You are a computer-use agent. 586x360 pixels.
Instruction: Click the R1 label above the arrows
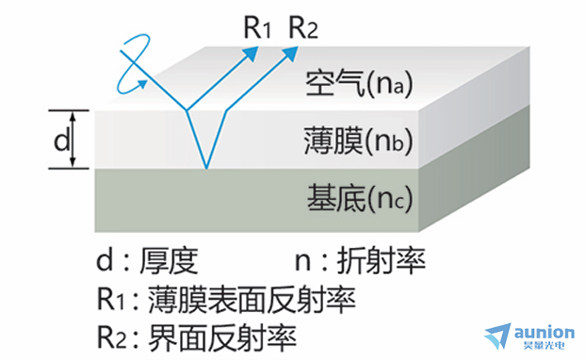[x=257, y=27]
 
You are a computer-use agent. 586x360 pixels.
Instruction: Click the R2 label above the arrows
[x=303, y=27]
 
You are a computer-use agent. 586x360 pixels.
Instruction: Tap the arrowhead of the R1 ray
[x=252, y=53]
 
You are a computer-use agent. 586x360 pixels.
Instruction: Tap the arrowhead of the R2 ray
[x=291, y=53]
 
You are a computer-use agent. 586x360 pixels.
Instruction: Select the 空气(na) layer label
[x=359, y=83]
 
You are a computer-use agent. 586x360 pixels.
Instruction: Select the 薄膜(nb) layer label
[x=358, y=141]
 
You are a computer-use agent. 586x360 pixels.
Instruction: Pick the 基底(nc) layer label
[x=360, y=199]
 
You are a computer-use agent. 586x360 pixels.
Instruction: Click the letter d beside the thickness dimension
[x=62, y=140]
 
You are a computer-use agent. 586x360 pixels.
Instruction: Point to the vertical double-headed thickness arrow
[x=73, y=139]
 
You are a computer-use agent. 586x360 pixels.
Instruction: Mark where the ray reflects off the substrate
[x=206, y=168]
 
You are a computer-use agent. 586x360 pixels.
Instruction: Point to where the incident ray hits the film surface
[x=187, y=110]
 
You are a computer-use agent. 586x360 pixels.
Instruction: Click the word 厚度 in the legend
[x=169, y=260]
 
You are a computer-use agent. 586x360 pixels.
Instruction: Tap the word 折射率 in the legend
[x=382, y=260]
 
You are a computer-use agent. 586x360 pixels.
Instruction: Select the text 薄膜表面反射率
[x=252, y=300]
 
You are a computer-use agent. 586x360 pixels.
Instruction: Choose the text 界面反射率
[x=222, y=338]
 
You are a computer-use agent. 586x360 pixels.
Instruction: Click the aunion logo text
[x=545, y=332]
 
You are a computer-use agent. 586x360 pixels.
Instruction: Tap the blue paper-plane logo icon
[x=498, y=335]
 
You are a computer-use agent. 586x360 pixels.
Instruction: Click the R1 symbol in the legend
[x=110, y=300]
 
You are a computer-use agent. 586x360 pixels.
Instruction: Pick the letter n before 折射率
[x=302, y=262]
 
